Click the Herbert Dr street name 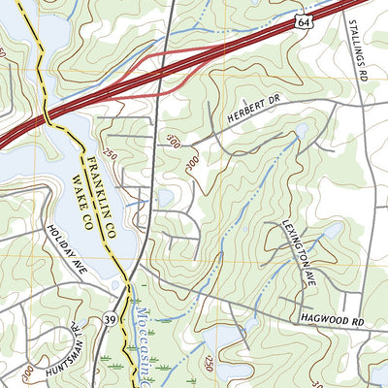click(x=236, y=115)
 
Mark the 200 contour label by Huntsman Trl click(x=26, y=370)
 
